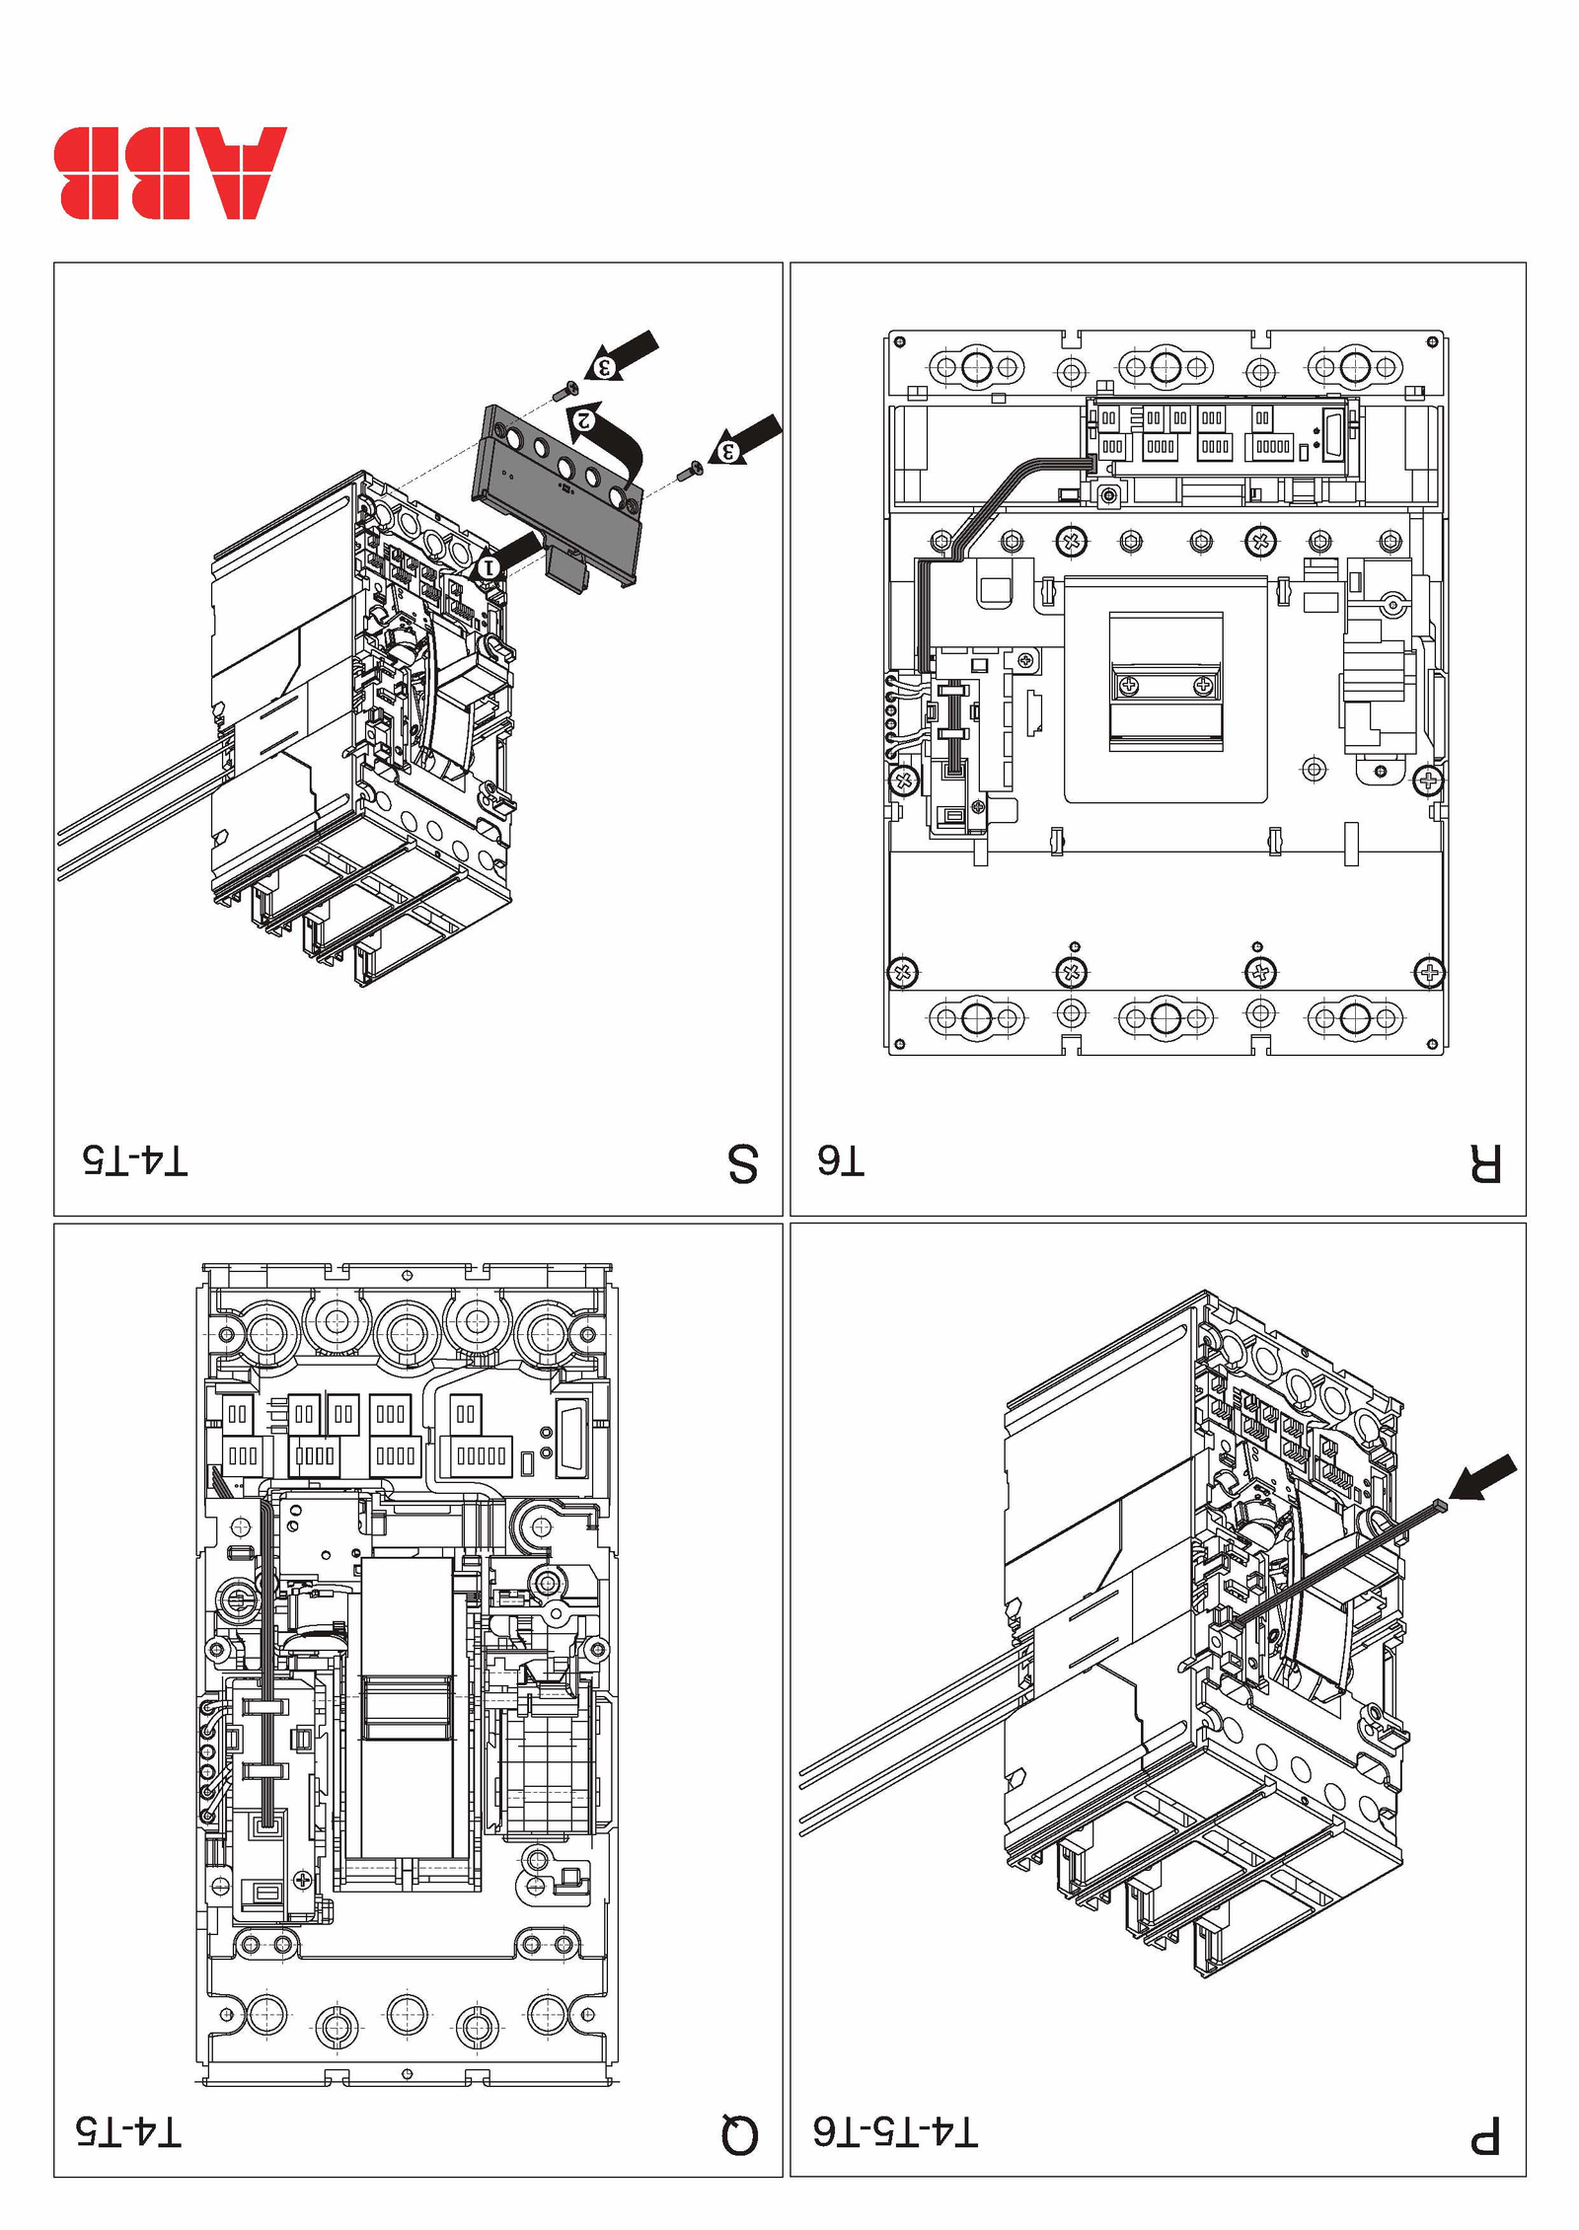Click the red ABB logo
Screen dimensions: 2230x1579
(170, 173)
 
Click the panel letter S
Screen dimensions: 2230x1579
(742, 1163)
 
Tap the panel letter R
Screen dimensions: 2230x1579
(1485, 1163)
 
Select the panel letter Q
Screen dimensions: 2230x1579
(739, 2135)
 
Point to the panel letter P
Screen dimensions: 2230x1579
(1485, 2136)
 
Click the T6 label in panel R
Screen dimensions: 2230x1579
(841, 1161)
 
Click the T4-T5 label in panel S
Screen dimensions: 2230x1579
(135, 1160)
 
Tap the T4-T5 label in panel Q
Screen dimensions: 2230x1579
(129, 2132)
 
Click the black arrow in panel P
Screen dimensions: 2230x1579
(1485, 1478)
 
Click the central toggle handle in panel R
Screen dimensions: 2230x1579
(1165, 683)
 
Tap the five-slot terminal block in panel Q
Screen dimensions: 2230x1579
(481, 1455)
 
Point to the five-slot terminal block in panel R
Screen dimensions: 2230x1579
(1272, 447)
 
